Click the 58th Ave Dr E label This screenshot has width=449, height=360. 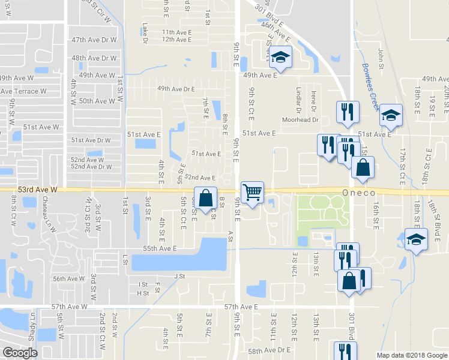point(270,350)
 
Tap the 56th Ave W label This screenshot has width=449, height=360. point(68,279)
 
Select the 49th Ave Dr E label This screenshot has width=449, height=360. point(176,89)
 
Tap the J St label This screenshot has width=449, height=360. point(178,276)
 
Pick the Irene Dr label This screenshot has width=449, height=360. point(313,100)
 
